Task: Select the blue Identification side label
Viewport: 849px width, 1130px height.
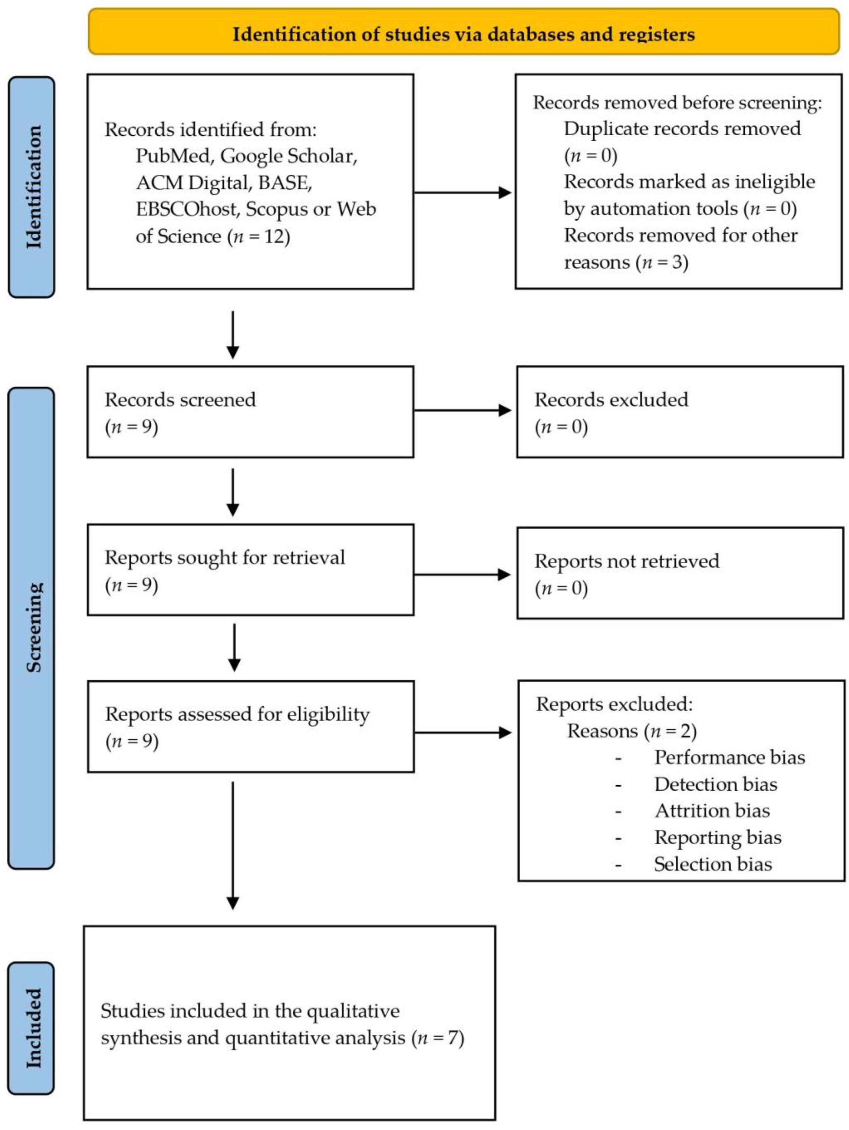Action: tap(32, 187)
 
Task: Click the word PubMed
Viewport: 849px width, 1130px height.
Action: tap(173, 156)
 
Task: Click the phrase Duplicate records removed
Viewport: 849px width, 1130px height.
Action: tap(682, 129)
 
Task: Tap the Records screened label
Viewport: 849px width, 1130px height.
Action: tap(181, 399)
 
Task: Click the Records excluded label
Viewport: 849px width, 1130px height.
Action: tap(611, 399)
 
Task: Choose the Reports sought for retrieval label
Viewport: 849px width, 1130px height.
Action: tap(225, 557)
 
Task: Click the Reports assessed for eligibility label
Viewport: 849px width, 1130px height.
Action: tap(238, 715)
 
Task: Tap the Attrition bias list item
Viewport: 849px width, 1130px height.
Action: tap(712, 811)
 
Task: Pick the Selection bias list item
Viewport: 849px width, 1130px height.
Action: tap(713, 864)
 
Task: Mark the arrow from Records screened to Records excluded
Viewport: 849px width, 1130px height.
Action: tap(463, 410)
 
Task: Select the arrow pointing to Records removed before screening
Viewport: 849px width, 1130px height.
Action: tap(463, 193)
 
